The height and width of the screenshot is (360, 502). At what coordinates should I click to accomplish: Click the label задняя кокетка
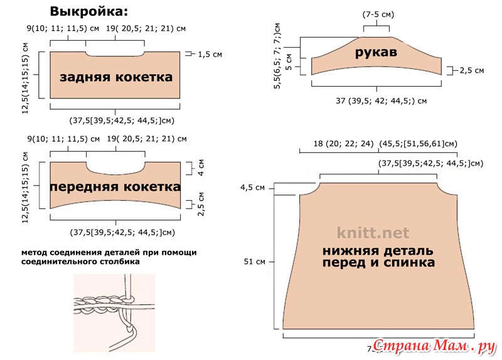[116, 77]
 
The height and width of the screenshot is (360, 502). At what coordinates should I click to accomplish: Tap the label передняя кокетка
[115, 187]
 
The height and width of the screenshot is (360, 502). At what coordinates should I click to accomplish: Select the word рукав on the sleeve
[376, 53]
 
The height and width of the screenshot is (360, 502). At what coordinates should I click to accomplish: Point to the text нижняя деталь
[377, 251]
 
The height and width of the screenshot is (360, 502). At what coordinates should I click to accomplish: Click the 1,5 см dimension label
[210, 55]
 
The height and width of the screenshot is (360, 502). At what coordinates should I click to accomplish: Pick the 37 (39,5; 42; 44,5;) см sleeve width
[381, 100]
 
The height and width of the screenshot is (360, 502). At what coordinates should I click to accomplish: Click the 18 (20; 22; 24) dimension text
[344, 144]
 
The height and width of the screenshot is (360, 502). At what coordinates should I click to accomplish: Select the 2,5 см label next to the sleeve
[471, 71]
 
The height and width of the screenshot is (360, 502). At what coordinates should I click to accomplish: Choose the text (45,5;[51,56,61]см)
[418, 144]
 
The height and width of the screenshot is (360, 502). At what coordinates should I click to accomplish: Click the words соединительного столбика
[80, 262]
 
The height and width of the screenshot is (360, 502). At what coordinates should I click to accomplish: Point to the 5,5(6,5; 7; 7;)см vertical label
[277, 55]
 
